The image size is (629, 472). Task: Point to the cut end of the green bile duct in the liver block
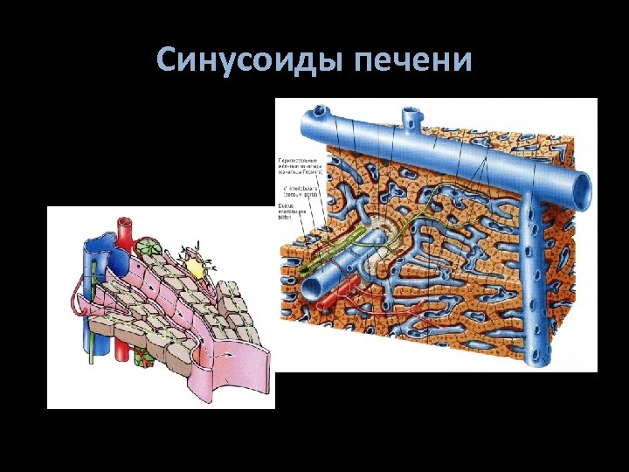click(x=301, y=273)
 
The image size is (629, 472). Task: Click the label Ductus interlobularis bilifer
click(x=292, y=211)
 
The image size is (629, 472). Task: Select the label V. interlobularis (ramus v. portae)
click(x=297, y=190)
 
